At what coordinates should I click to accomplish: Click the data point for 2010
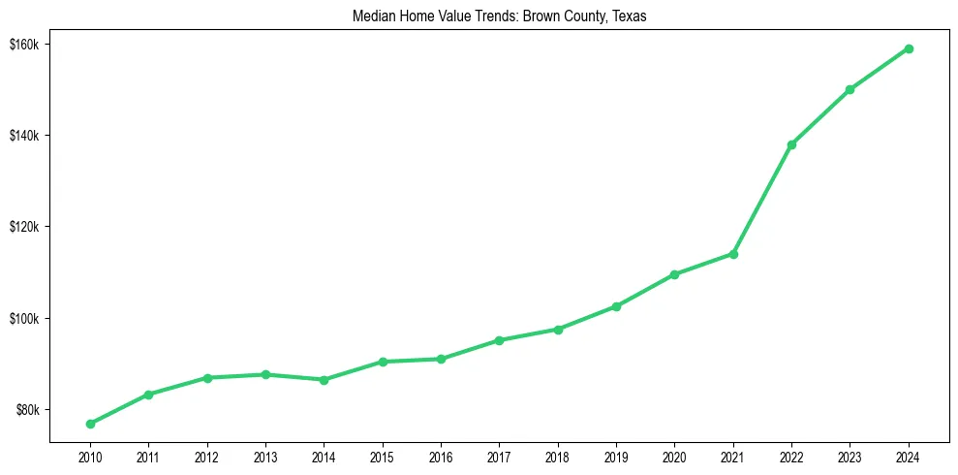[90, 424]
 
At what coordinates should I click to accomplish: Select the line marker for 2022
[791, 144]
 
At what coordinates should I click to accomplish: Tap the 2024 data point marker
[909, 48]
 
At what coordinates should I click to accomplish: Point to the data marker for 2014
[324, 380]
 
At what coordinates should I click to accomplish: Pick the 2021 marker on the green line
[733, 254]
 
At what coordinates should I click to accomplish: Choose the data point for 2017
[499, 340]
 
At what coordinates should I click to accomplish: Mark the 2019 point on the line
[616, 306]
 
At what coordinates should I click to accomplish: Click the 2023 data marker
[850, 89]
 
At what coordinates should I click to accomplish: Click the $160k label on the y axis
[23, 45]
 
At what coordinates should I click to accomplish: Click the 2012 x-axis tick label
[206, 457]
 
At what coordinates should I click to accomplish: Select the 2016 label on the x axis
[441, 457]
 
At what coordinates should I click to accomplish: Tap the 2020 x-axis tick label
[674, 457]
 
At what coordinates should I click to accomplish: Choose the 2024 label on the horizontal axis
[909, 457]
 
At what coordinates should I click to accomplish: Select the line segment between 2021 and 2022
[762, 200]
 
